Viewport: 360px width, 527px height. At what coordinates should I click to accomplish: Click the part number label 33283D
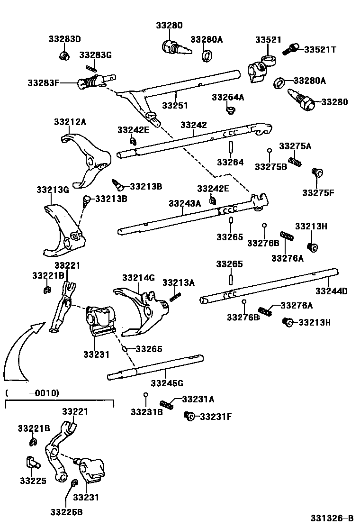coord(64,39)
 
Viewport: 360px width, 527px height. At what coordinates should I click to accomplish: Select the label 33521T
coord(320,49)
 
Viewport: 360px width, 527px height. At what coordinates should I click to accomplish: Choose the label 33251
coord(175,105)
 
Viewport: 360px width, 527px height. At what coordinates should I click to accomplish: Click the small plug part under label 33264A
coord(231,111)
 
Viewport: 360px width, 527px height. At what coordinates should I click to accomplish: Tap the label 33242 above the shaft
coord(193,125)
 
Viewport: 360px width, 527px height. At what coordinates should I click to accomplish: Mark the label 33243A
coord(185,203)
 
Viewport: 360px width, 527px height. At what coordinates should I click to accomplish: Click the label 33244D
coord(332,291)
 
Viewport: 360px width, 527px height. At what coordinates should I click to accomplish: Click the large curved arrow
coord(19,351)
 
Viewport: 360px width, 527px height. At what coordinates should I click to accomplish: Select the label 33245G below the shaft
coord(167,382)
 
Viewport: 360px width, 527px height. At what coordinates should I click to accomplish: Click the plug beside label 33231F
coord(189,416)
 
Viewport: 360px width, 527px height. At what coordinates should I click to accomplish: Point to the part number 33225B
coord(67,512)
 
